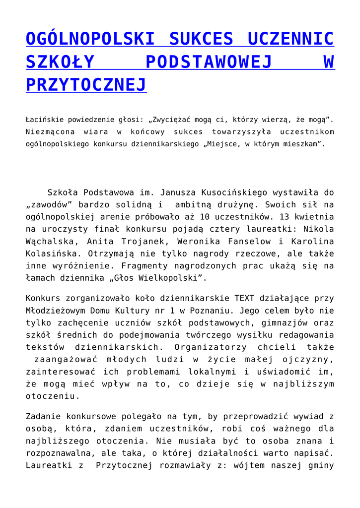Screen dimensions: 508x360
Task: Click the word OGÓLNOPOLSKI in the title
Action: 90,39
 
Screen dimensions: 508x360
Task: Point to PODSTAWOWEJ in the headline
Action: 209,62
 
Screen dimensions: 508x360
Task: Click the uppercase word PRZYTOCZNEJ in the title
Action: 86,85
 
